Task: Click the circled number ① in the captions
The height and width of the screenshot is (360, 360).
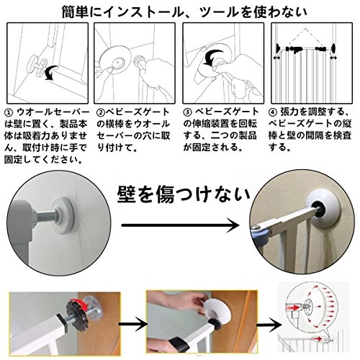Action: [x=9, y=112]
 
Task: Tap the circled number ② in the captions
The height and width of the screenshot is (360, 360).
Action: [x=100, y=112]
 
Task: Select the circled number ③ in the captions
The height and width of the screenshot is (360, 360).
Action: [x=187, y=112]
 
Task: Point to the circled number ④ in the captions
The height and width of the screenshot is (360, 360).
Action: [x=272, y=112]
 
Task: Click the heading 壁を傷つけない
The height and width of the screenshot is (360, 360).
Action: [x=184, y=194]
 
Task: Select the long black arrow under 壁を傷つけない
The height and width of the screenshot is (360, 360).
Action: [x=180, y=225]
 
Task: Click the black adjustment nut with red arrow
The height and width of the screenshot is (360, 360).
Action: [x=77, y=310]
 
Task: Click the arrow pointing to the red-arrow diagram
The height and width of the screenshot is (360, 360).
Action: [x=269, y=324]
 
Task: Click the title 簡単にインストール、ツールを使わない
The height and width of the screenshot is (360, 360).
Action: [x=184, y=12]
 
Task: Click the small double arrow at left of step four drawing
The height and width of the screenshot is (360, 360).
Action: [x=277, y=58]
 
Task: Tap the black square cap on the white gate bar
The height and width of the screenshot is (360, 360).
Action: [x=63, y=318]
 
